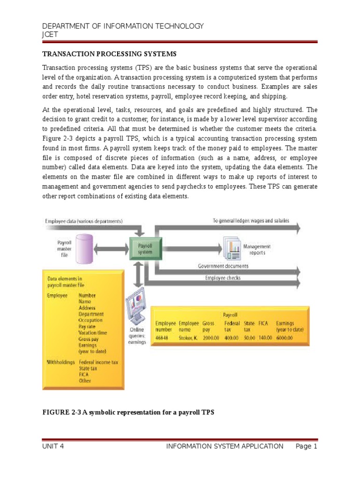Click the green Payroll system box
[145, 248]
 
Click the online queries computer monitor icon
[137, 308]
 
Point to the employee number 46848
[163, 337]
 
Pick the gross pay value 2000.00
[212, 337]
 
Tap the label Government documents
[223, 266]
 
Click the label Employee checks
[223, 278]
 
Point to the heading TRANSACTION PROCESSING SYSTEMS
[110, 54]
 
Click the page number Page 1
[307, 446]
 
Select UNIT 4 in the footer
[53, 446]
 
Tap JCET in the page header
[50, 34]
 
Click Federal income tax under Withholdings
[99, 362]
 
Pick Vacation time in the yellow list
[93, 332]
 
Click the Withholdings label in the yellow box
[61, 362]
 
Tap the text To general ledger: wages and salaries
[251, 220]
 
